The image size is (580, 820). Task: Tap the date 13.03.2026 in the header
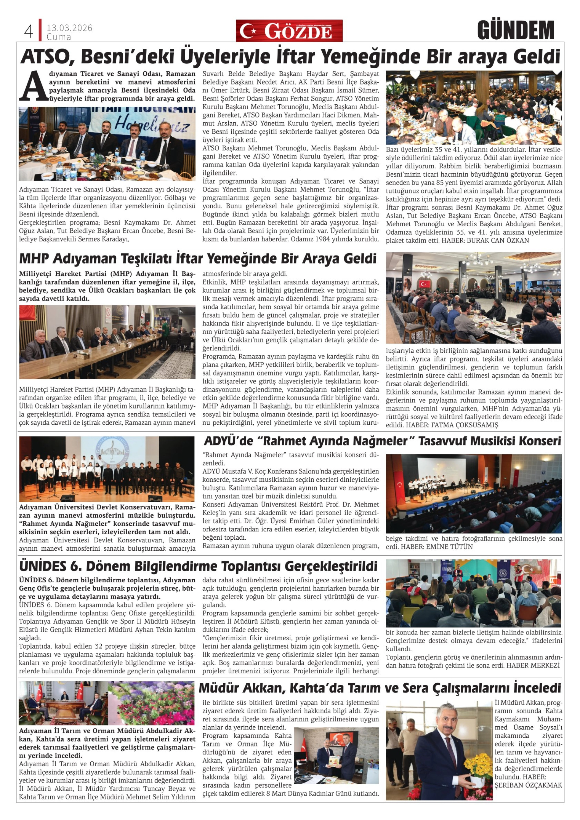click(x=69, y=28)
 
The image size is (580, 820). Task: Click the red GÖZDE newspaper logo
click(x=289, y=31)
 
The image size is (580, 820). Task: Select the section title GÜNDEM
click(x=515, y=31)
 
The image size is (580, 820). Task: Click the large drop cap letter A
click(x=33, y=86)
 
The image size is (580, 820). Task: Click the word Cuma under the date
click(x=59, y=37)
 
